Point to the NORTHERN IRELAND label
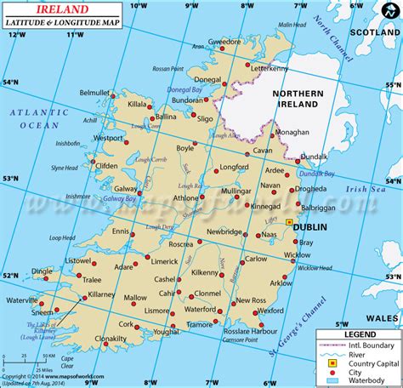[294, 99]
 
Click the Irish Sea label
[366, 189]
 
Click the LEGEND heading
[358, 336]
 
